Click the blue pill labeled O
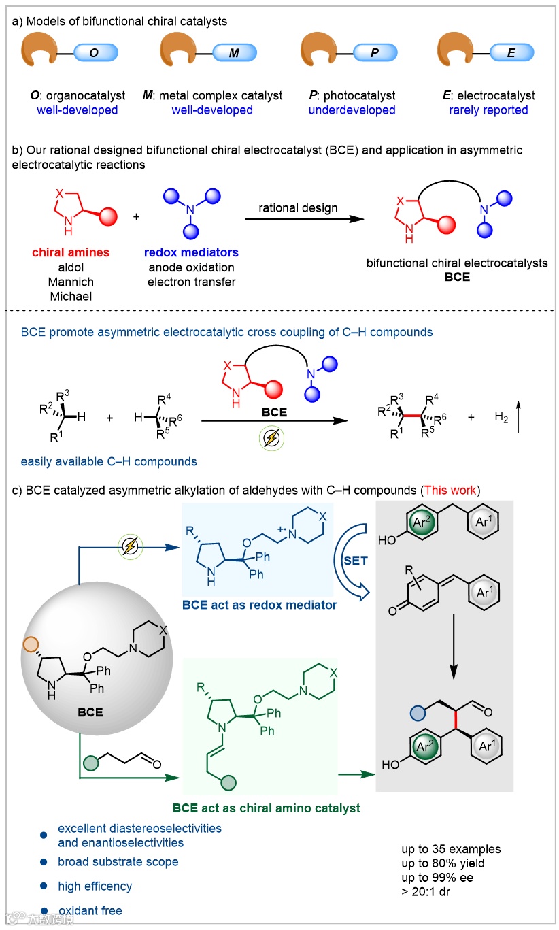point(96,54)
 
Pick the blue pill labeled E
point(511,54)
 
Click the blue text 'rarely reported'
point(488,110)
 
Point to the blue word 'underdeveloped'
point(352,110)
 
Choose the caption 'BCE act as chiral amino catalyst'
point(266,808)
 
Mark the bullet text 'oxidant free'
point(90,910)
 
